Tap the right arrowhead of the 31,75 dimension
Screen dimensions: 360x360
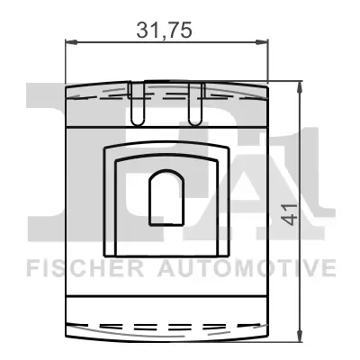pos(266,42)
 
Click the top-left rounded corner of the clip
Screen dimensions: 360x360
pos(69,85)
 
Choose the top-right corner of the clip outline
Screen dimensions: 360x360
pos(266,85)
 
